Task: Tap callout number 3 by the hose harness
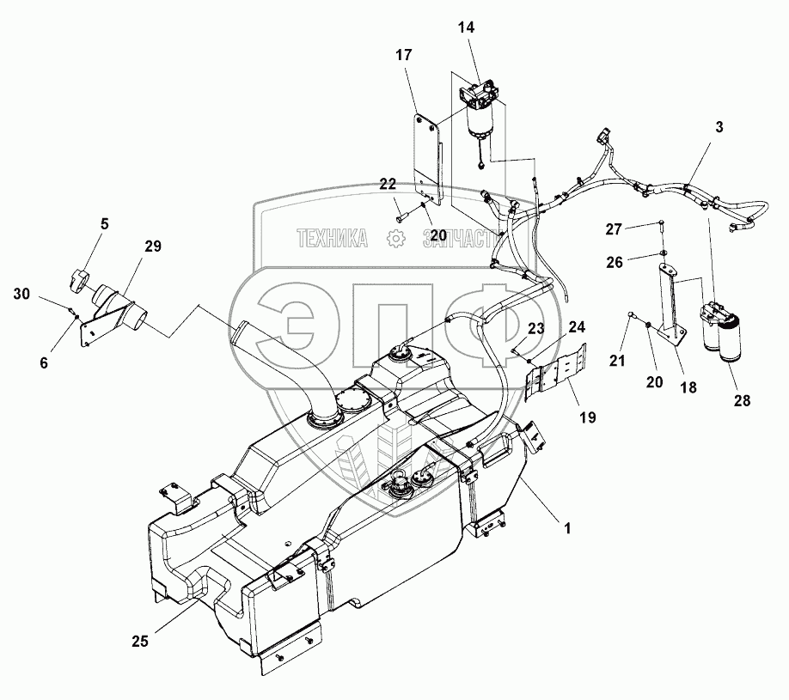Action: [719, 126]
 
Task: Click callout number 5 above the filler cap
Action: [104, 225]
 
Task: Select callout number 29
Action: [152, 247]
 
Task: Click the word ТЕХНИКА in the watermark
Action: [331, 239]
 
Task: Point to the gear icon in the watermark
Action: [396, 239]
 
